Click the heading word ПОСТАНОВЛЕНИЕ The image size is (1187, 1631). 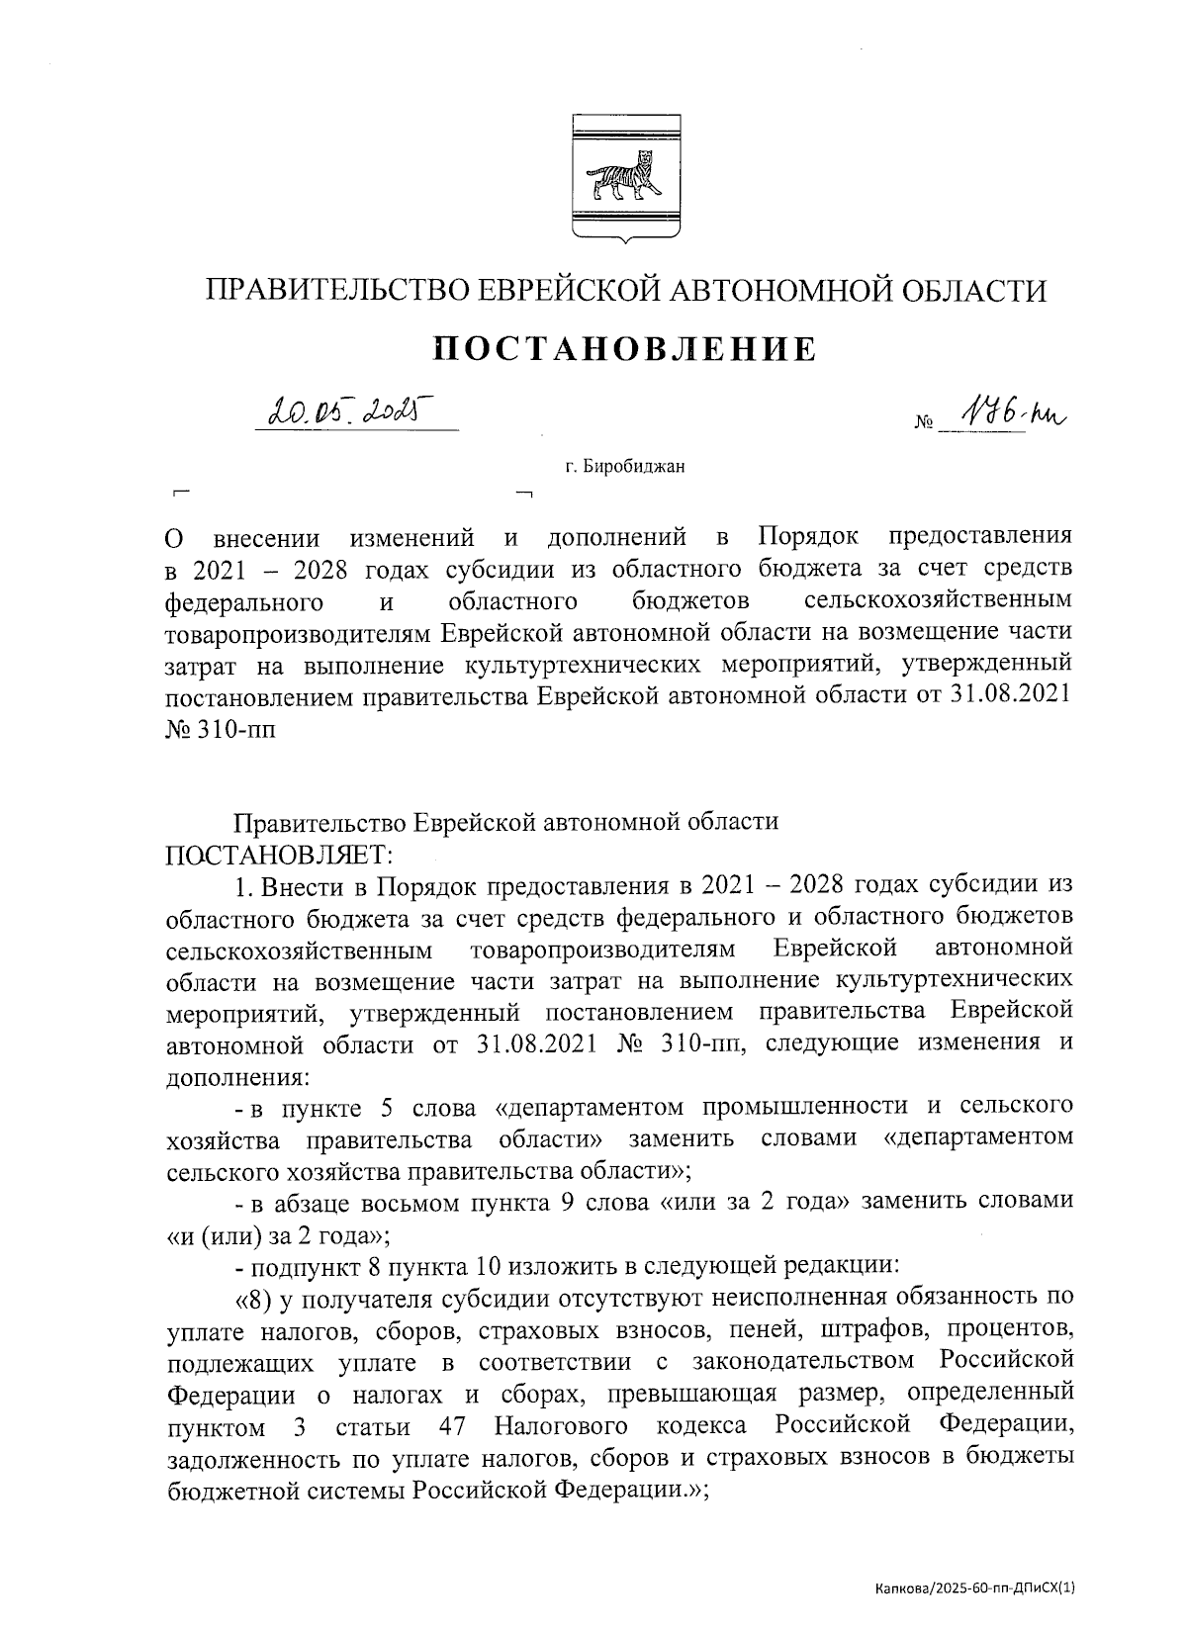coord(625,349)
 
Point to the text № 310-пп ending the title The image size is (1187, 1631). coord(221,727)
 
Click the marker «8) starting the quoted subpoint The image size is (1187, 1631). coord(254,1297)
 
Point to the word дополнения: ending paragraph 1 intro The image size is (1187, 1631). coord(237,1075)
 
